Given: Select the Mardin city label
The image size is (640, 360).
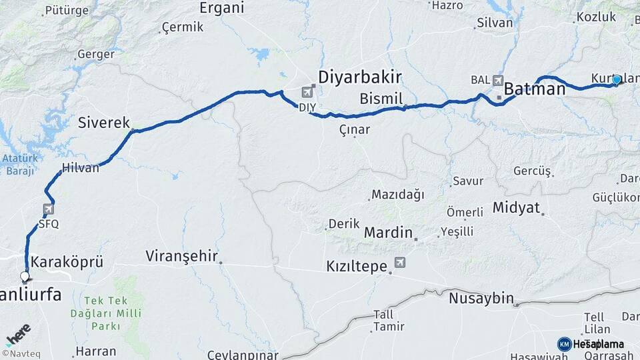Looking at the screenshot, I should [389, 233].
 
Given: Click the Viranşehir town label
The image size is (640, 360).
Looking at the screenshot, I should [182, 256].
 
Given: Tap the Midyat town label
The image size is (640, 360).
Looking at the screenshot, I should [516, 207].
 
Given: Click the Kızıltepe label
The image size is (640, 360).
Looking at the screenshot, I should [357, 267].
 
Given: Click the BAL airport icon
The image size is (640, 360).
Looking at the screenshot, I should [497, 80].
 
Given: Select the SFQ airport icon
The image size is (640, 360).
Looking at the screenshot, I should [49, 209].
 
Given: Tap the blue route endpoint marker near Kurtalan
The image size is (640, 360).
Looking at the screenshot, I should [617, 80].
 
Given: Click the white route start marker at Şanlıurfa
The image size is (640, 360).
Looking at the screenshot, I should [25, 276].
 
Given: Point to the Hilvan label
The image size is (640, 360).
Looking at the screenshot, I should [80, 168].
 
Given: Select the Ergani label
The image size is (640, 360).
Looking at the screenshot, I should [222, 8].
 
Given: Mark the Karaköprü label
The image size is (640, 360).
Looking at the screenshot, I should [67, 261].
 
